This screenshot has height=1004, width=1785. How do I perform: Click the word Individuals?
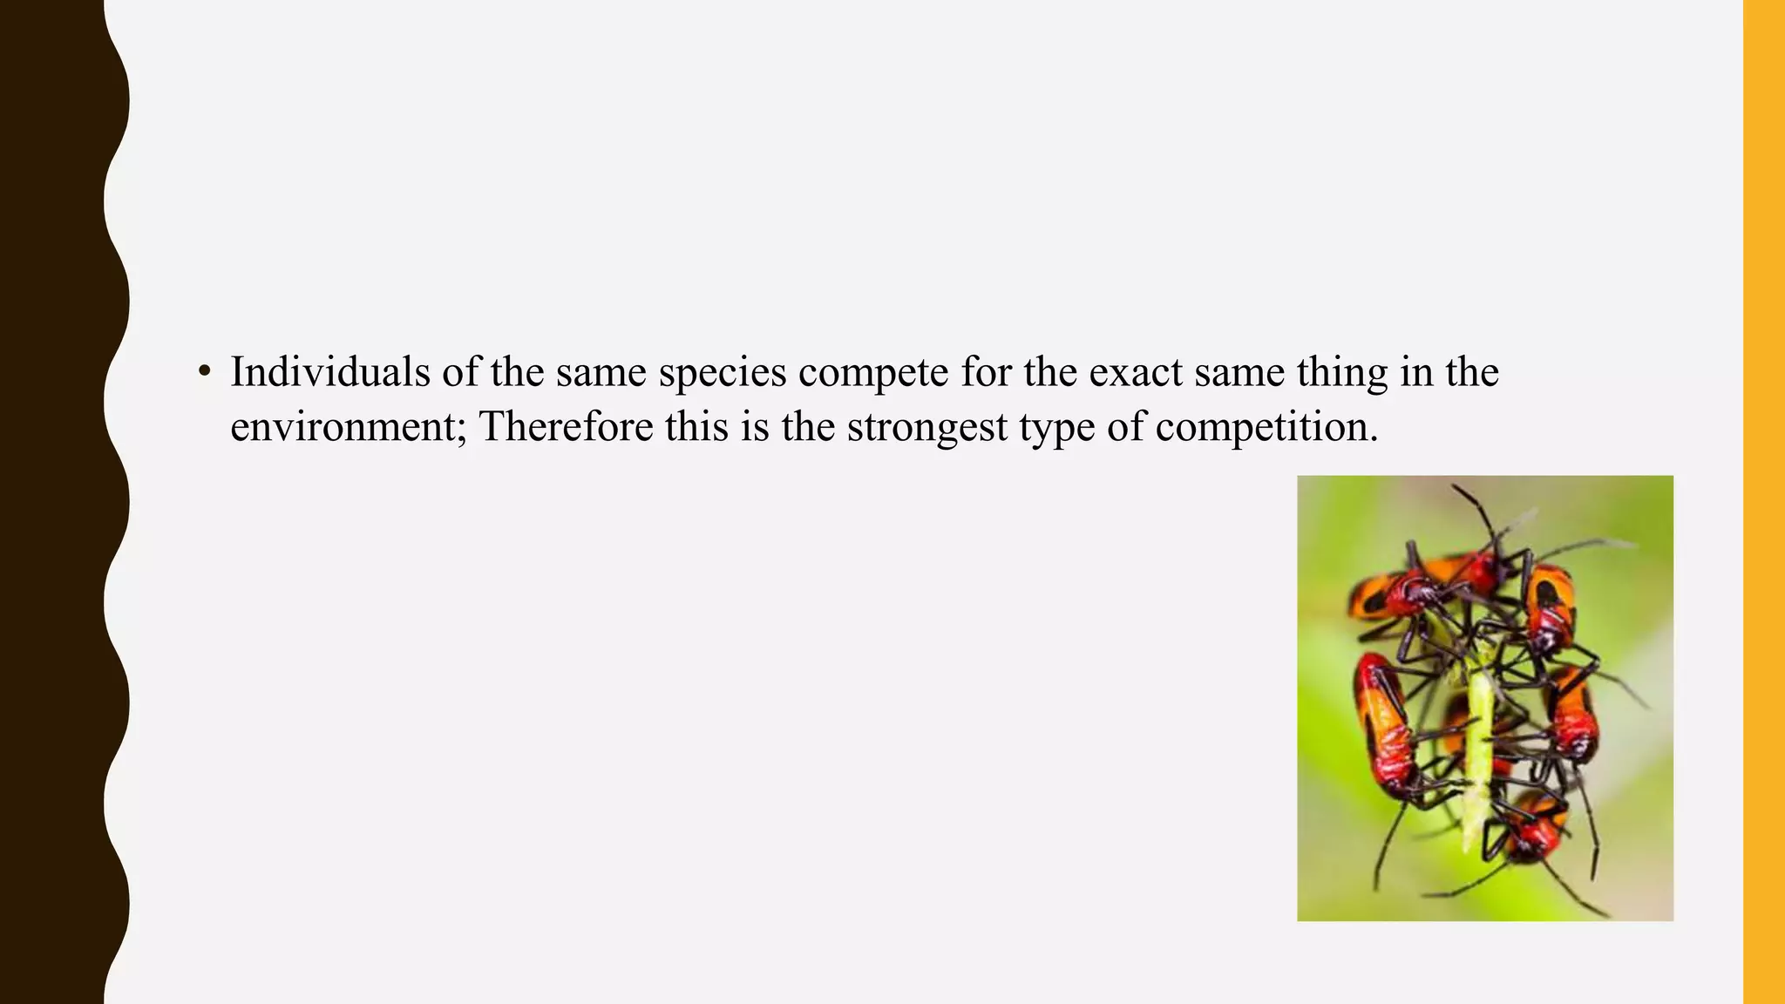(330, 372)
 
